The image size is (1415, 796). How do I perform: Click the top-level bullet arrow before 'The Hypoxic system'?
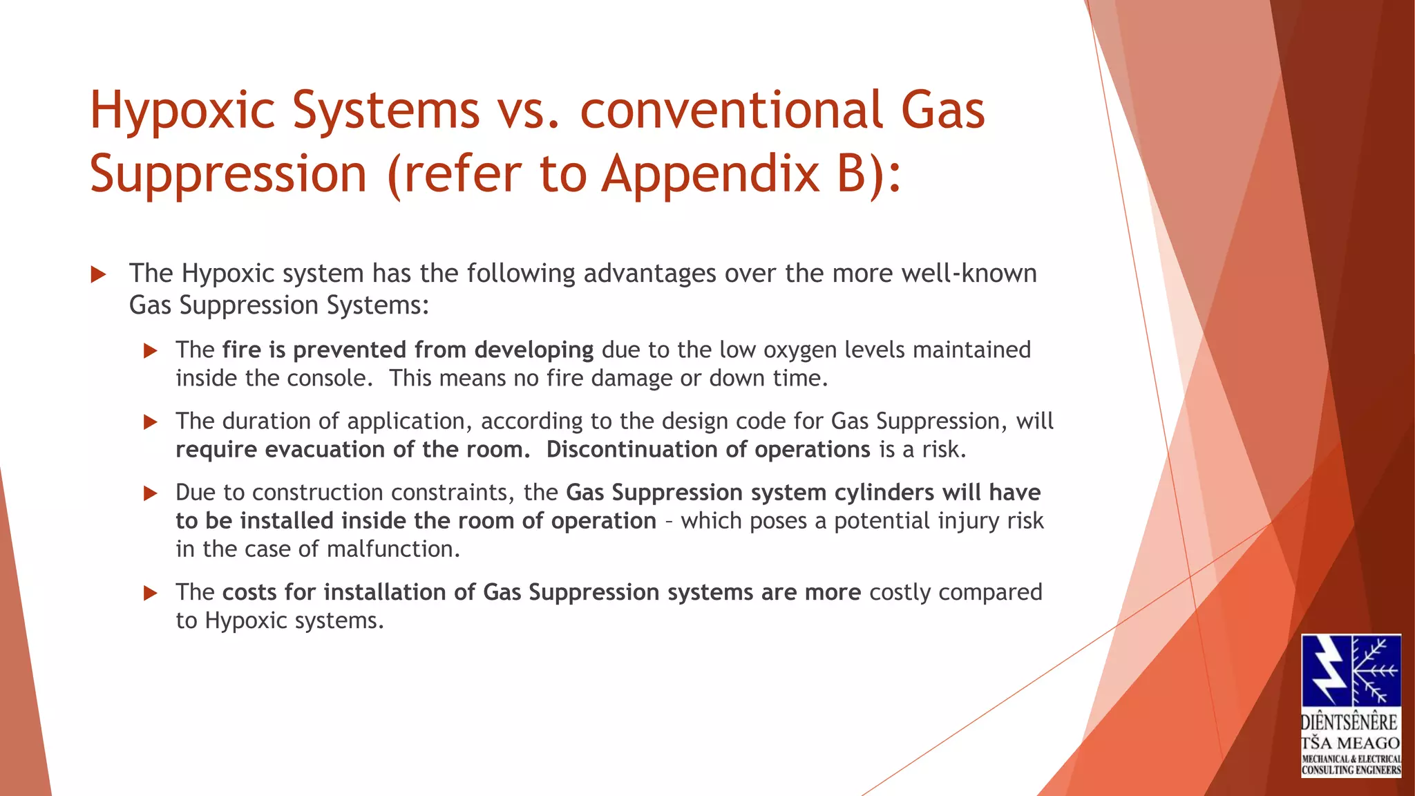click(98, 275)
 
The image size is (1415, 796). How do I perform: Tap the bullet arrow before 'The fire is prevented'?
click(150, 351)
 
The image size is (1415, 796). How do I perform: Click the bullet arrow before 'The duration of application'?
click(150, 422)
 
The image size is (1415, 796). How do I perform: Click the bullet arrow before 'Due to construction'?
click(150, 493)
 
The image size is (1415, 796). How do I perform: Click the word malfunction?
click(392, 549)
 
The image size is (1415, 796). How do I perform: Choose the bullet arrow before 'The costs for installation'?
click(150, 593)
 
